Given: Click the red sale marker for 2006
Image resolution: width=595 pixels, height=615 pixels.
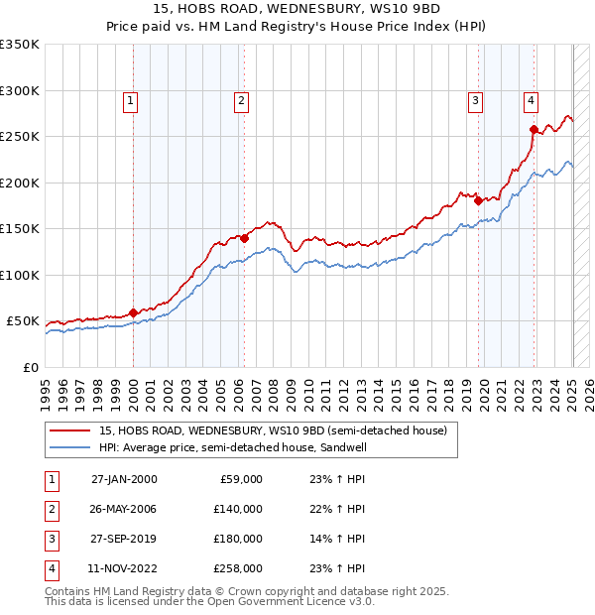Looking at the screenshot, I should (244, 238).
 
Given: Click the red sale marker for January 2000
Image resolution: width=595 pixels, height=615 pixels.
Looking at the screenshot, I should (133, 312).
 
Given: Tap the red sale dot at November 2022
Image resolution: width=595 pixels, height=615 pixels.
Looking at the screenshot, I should (534, 129).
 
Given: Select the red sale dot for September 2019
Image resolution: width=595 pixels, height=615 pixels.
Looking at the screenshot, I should (478, 200).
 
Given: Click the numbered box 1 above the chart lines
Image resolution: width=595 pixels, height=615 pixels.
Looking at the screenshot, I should (131, 99).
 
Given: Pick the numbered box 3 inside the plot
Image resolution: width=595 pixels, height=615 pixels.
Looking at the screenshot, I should (476, 99).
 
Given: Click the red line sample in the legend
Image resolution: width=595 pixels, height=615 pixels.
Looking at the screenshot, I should (70, 430).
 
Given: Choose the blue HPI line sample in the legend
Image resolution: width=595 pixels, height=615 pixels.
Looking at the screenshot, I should (70, 447).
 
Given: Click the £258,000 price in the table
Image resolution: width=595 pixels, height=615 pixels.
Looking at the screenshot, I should (238, 568).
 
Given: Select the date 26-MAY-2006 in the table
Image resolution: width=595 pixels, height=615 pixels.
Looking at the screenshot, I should (124, 509).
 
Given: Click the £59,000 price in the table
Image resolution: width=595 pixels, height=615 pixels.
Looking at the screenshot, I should (241, 479).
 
